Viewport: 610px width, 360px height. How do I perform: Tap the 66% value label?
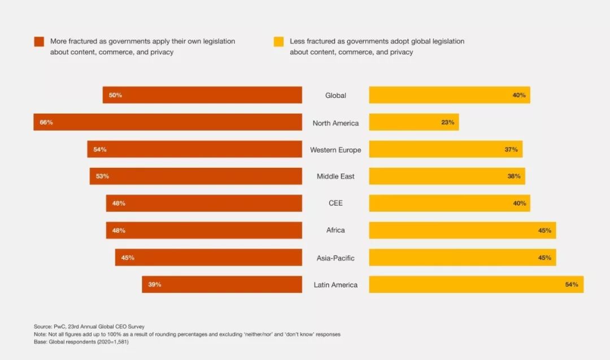[x=46, y=122]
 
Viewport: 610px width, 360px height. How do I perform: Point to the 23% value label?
[x=448, y=122]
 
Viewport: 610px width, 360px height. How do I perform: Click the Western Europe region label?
[x=335, y=150]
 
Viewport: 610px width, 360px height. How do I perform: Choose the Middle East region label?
[x=335, y=176]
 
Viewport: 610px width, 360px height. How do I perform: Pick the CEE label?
[x=335, y=203]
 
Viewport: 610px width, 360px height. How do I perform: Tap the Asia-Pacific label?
[x=335, y=258]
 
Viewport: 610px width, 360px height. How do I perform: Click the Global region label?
[x=335, y=96]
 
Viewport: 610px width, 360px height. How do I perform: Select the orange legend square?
[x=39, y=42]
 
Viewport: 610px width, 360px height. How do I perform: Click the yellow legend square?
[x=278, y=42]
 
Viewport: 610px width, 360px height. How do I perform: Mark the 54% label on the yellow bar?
[x=571, y=284]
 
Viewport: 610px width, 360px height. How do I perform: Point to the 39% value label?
[x=155, y=284]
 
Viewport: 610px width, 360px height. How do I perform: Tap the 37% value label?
[x=511, y=150]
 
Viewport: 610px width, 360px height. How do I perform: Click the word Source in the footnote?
[x=42, y=327]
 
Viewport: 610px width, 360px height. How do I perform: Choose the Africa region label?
[x=335, y=231]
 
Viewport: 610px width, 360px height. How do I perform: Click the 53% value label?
[x=102, y=176]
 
